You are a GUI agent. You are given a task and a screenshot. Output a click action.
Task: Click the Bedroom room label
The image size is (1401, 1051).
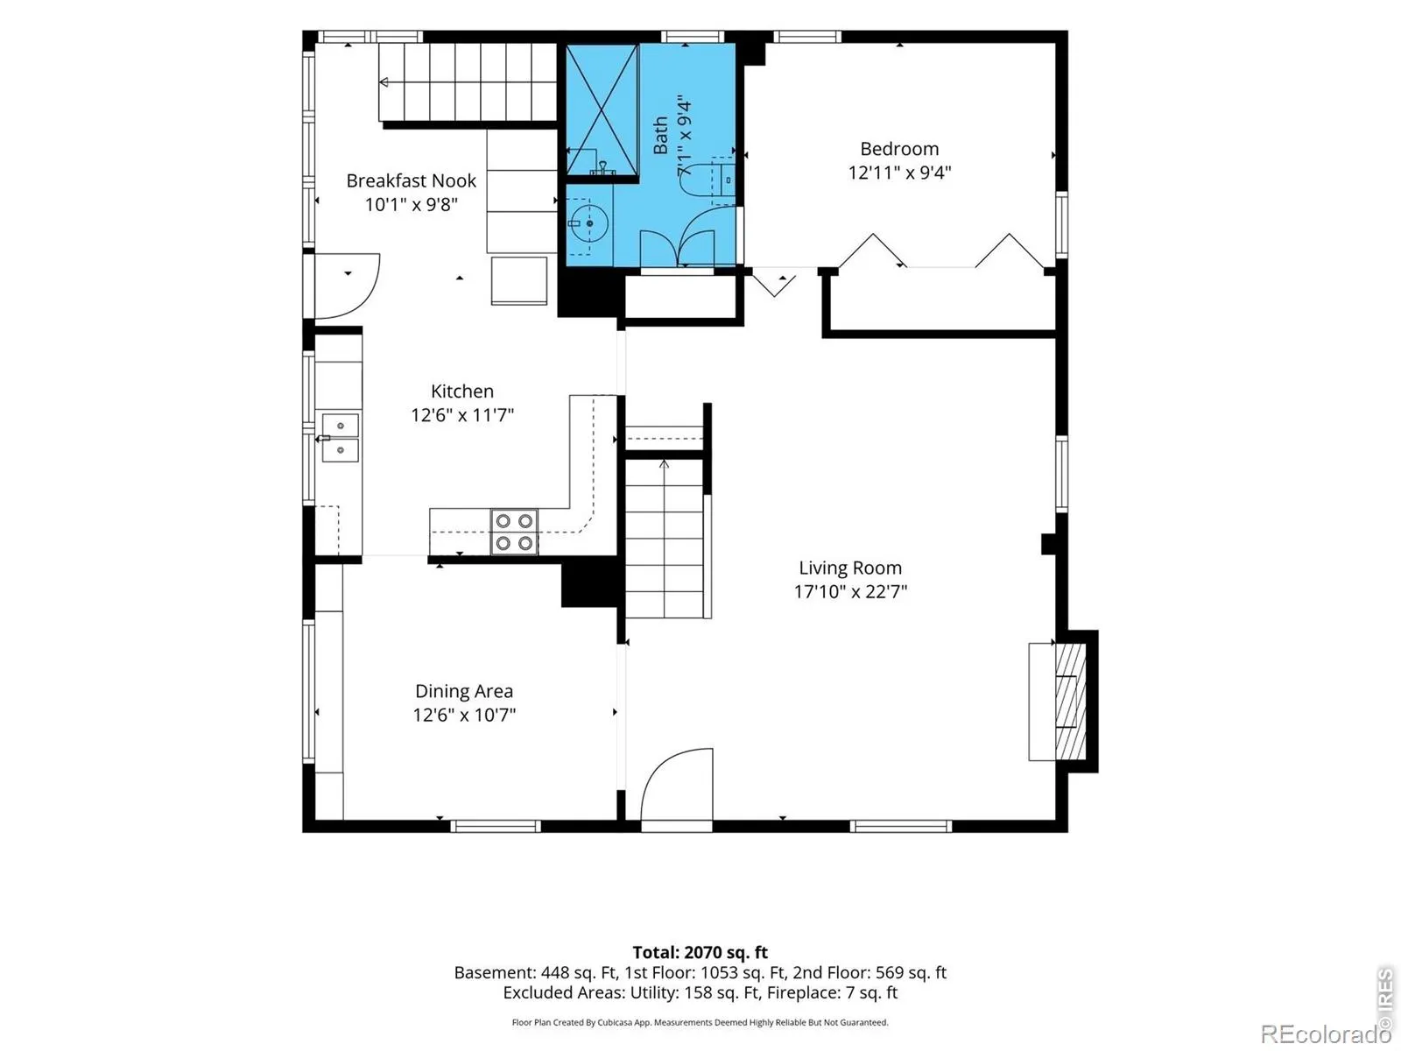(898, 149)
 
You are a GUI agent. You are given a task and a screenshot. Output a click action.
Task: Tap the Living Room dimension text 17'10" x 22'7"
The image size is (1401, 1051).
(850, 591)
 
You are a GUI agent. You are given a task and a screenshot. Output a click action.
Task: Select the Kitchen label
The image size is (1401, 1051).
(461, 391)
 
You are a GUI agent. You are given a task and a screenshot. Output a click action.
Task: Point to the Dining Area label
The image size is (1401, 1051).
(463, 691)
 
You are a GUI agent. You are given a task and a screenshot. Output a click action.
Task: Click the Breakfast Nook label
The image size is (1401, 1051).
(411, 180)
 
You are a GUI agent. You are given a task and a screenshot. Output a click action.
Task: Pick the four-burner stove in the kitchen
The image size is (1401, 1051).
(514, 532)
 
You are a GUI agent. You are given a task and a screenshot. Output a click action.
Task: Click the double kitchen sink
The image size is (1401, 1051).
(340, 438)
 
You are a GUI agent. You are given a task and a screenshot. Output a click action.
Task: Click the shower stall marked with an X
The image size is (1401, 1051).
(602, 109)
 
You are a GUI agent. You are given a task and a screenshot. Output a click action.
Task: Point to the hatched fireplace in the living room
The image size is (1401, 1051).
(1070, 702)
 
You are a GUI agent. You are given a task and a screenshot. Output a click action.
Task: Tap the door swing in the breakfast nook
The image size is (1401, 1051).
(348, 286)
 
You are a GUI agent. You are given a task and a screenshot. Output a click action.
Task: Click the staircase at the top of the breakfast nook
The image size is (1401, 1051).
(468, 81)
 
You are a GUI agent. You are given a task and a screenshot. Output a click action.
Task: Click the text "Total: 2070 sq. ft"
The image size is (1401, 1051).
(700, 953)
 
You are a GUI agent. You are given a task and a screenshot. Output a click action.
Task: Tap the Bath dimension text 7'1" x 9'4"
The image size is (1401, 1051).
(684, 137)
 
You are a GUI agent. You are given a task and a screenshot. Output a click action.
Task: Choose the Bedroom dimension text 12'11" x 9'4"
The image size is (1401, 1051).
(899, 173)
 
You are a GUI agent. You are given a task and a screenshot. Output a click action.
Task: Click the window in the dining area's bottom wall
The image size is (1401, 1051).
(496, 827)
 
